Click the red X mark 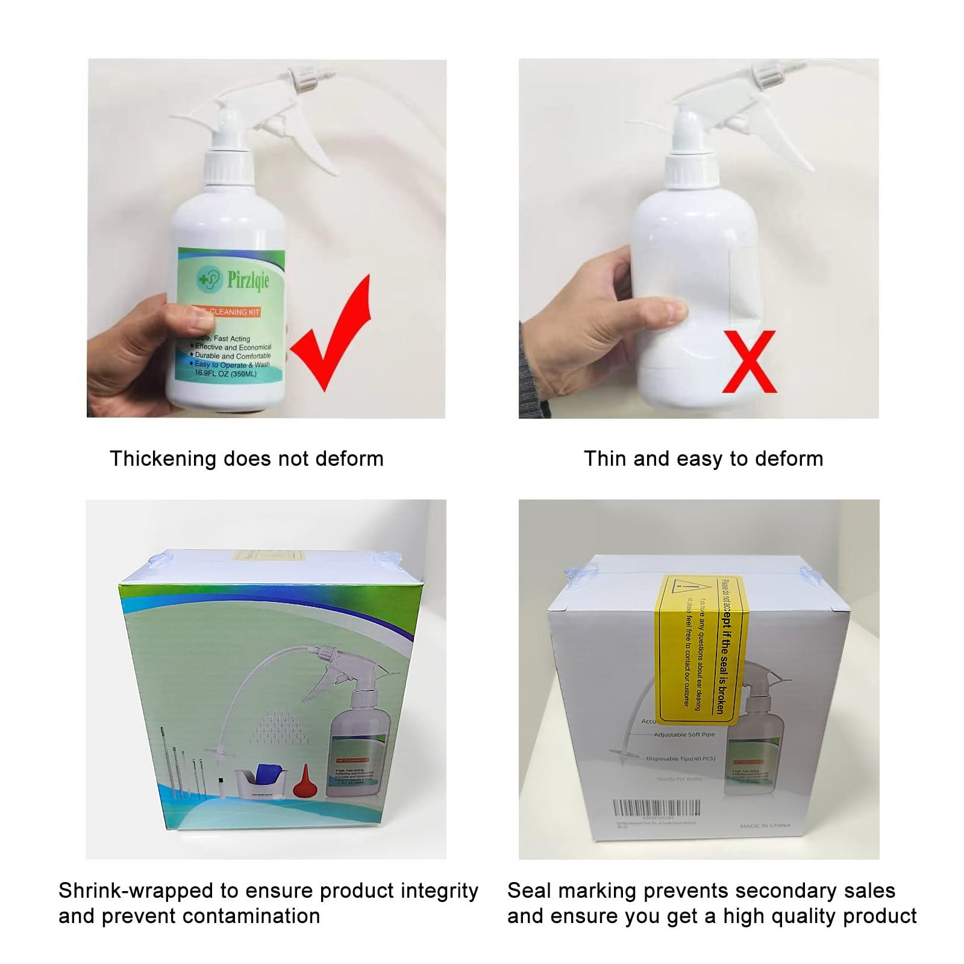tap(749, 361)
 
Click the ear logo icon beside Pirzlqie tap(209, 279)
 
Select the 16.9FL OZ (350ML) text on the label tap(225, 374)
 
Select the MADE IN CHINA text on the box tap(765, 825)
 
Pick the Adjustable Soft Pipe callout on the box tap(684, 734)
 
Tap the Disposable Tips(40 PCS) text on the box tap(680, 759)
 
